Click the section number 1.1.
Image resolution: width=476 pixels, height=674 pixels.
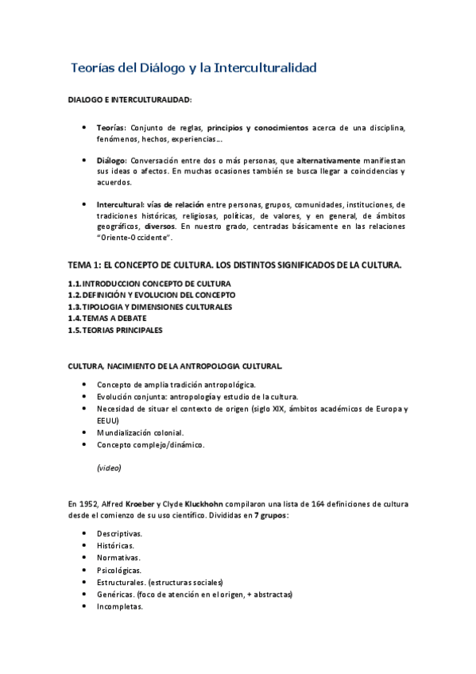75,284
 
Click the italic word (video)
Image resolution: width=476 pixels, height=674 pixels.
109,468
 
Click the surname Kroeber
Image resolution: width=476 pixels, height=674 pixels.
141,504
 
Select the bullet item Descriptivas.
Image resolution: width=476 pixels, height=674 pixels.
119,534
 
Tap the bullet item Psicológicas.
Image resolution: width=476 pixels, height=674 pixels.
120,571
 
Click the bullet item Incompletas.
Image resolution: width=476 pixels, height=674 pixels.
119,606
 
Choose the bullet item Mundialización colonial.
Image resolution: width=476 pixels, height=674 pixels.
140,432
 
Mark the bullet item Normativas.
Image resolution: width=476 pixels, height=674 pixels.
118,559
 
